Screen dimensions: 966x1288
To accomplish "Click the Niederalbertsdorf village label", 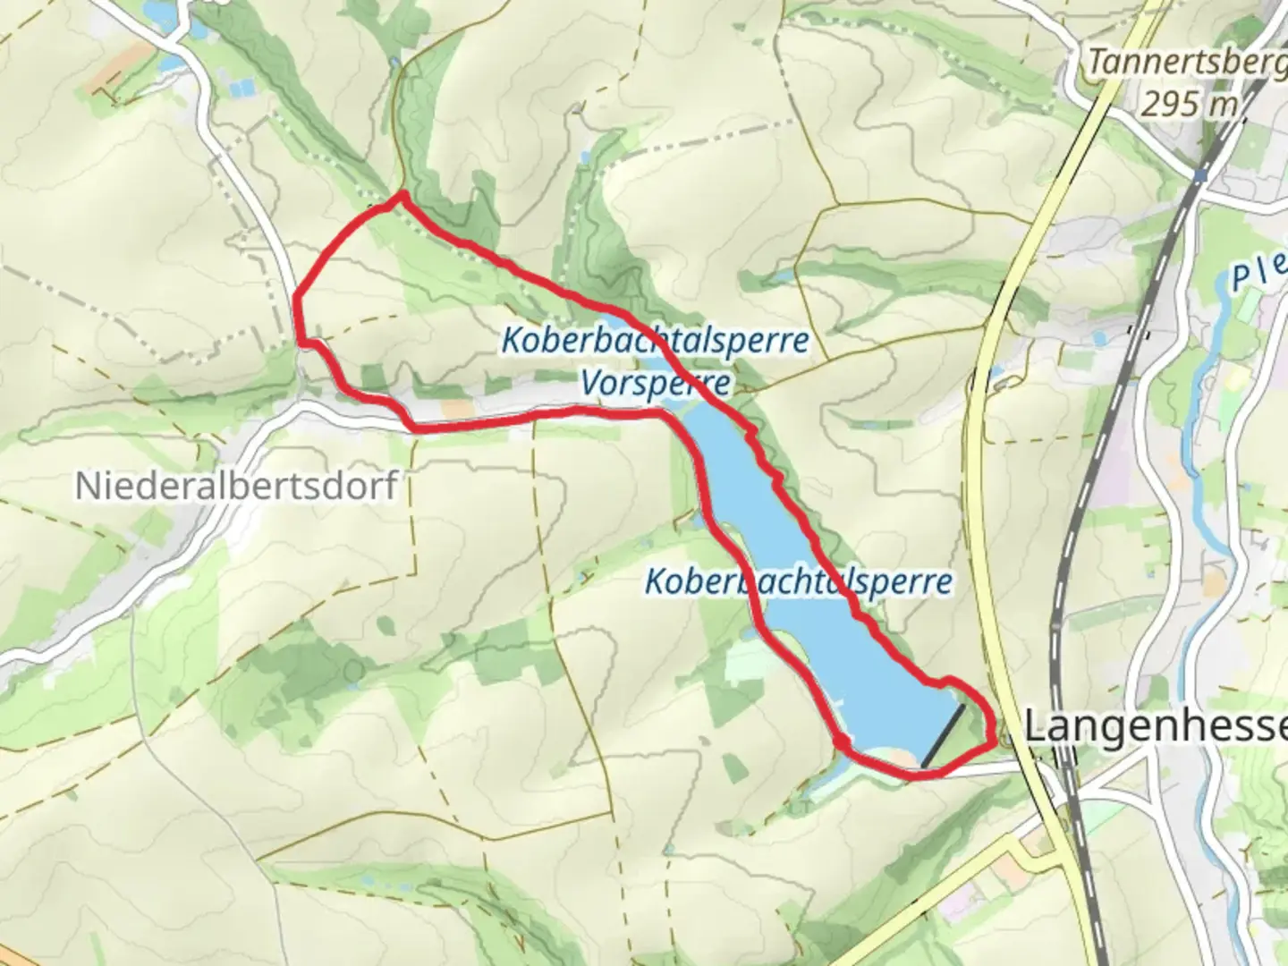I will click(236, 486).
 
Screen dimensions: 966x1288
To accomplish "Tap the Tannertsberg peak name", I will click(1185, 63).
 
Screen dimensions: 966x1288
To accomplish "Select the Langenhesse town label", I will click(1154, 726).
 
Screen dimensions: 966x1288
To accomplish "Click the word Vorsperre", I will click(655, 384).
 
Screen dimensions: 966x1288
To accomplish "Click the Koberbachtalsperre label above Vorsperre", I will click(655, 341).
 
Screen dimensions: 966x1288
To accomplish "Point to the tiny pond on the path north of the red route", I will click(394, 64).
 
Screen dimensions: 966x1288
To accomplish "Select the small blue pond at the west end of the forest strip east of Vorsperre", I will click(780, 276).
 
